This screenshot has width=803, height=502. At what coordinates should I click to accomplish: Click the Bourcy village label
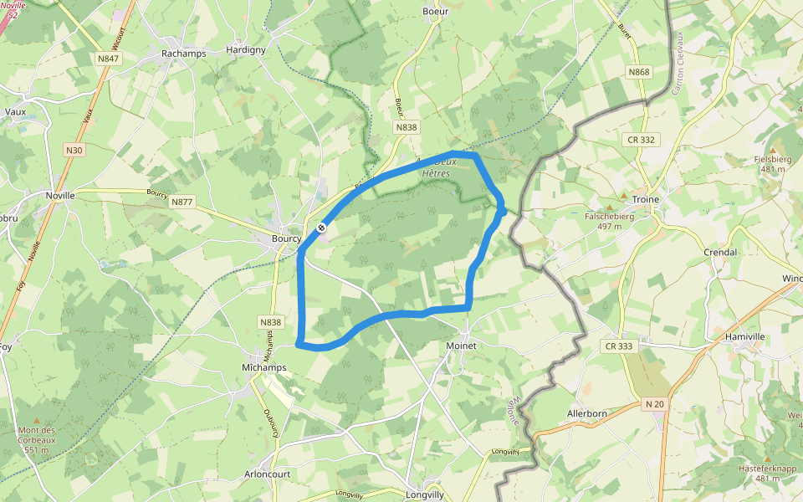pyautogui.click(x=286, y=238)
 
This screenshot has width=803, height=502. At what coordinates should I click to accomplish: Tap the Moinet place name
pyautogui.click(x=461, y=346)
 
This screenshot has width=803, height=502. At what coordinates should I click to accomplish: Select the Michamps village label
pyautogui.click(x=263, y=367)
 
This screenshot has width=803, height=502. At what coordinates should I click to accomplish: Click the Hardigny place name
pyautogui.click(x=246, y=50)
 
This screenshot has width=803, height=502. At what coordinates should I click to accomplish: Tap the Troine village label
pyautogui.click(x=646, y=199)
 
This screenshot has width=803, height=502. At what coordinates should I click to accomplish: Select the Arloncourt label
pyautogui.click(x=290, y=473)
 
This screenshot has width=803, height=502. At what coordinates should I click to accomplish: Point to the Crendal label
pyautogui.click(x=720, y=252)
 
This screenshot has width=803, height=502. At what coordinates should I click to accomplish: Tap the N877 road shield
pyautogui.click(x=182, y=202)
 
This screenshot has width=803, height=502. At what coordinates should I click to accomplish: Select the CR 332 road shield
pyautogui.click(x=639, y=139)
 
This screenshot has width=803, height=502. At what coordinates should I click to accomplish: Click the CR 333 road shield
pyautogui.click(x=620, y=346)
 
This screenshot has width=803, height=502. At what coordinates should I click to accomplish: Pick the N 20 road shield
pyautogui.click(x=654, y=404)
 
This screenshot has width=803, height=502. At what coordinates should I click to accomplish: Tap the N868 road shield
pyautogui.click(x=639, y=72)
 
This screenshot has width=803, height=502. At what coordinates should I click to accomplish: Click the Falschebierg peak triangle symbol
pyautogui.click(x=610, y=206)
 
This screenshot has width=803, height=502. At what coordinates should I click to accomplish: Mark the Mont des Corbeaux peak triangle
pyautogui.click(x=35, y=422)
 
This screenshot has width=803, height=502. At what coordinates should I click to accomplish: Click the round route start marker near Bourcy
pyautogui.click(x=321, y=227)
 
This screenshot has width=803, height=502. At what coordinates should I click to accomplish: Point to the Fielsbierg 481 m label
pyautogui.click(x=773, y=163)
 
